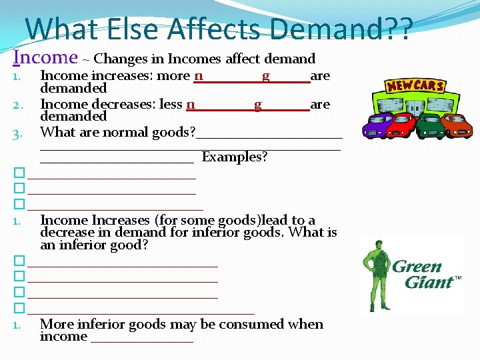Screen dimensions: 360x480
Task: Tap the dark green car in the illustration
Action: click(431, 125)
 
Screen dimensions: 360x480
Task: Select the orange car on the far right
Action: click(457, 125)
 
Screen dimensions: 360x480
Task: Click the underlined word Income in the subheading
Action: click(45, 58)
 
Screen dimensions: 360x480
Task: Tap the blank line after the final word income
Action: click(141, 337)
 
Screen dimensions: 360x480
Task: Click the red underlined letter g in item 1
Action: click(266, 76)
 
